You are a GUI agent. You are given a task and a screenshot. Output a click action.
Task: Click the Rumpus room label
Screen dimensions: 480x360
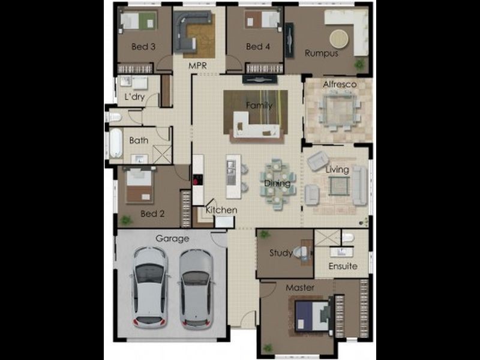(321, 53)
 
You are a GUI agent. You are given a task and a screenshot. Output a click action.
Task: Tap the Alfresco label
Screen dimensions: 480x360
(340, 84)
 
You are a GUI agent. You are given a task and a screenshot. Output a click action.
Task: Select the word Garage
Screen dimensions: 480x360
(172, 239)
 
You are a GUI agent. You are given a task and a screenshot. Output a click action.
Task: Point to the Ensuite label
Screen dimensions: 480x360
(343, 266)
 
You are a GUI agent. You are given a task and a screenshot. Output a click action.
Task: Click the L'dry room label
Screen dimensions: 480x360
(134, 97)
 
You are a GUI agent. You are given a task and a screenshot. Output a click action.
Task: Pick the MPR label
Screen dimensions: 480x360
(197, 65)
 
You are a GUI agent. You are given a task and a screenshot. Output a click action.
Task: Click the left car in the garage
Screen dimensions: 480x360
(149, 288)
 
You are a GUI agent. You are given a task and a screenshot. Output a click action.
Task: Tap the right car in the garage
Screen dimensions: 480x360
(196, 289)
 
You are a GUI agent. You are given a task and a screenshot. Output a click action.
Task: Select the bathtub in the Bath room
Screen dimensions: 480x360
(116, 143)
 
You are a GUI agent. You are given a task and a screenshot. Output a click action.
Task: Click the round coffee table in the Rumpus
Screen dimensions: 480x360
(339, 39)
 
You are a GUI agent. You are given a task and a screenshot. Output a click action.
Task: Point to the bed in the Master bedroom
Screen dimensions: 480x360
(311, 316)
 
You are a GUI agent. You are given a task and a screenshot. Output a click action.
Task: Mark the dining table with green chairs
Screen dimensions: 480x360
(278, 183)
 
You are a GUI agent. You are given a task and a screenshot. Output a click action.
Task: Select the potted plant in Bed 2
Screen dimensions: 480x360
(125, 220)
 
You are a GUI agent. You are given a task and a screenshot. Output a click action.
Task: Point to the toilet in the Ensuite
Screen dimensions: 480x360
(347, 237)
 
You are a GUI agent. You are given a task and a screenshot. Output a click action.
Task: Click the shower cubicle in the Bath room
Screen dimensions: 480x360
(162, 154)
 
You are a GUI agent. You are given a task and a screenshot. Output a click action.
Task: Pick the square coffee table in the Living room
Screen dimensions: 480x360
(339, 186)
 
